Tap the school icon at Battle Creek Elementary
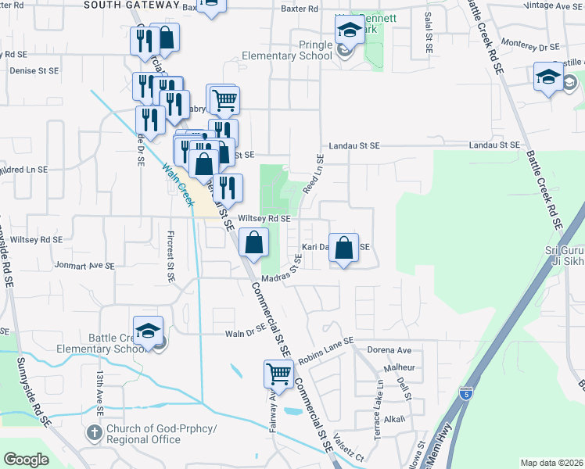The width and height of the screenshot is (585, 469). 147,331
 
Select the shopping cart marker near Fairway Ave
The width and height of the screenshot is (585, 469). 278,374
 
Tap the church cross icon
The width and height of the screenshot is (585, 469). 94,432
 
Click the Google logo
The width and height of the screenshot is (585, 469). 26,460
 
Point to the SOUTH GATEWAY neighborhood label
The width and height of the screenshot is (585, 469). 130,5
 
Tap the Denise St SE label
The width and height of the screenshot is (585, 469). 34,70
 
